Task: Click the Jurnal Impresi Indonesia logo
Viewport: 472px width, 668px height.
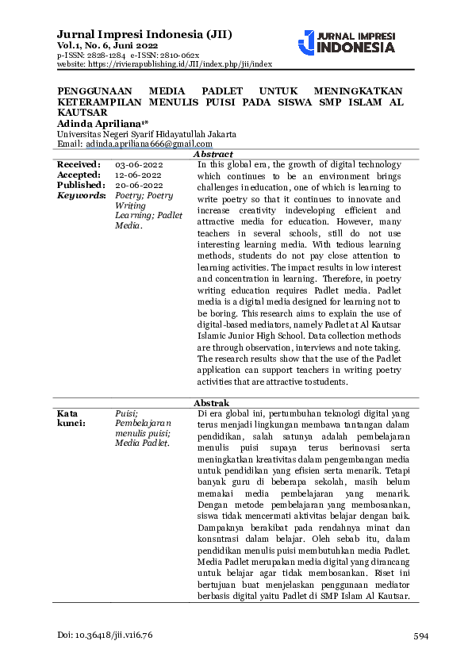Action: point(346,43)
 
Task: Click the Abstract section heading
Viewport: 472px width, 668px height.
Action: point(213,154)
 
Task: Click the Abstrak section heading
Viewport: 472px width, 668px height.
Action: point(211,403)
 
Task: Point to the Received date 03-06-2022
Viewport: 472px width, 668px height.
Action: point(139,164)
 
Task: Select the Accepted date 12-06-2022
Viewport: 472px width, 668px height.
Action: point(139,175)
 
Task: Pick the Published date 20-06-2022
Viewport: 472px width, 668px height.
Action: point(139,185)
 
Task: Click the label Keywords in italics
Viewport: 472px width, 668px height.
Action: point(82,195)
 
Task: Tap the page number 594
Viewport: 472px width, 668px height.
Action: point(420,636)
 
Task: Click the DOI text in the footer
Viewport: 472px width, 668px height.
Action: point(105,636)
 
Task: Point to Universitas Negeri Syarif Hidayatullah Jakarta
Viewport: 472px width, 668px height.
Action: point(147,134)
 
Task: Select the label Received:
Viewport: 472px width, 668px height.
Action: point(79,164)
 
